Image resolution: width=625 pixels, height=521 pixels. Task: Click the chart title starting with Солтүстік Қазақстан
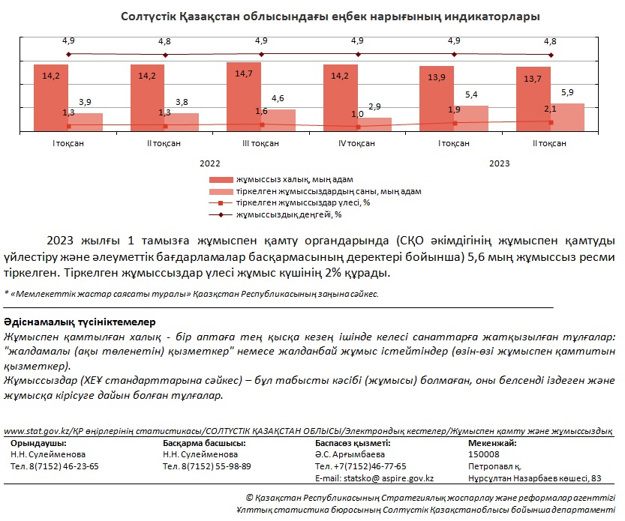tap(330, 16)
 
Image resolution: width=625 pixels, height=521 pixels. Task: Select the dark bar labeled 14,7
tap(244, 97)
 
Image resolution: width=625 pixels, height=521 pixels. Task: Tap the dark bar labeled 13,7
tap(533, 99)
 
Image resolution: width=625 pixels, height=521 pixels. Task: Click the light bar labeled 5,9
tap(567, 118)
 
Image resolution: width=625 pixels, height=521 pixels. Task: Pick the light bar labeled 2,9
tap(374, 124)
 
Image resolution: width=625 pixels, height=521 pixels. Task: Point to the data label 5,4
tap(471, 94)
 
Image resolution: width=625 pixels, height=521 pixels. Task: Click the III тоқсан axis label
tap(260, 143)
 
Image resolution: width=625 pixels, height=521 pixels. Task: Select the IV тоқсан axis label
tap(356, 143)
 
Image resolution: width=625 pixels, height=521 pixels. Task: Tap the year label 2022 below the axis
tap(209, 163)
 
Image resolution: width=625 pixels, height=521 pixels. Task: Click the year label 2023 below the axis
tap(500, 163)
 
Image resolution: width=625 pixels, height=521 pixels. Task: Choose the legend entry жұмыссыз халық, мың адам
tap(281, 180)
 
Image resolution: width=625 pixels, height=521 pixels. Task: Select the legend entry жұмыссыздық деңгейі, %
tap(275, 214)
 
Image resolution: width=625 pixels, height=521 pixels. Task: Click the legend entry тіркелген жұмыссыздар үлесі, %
tap(290, 202)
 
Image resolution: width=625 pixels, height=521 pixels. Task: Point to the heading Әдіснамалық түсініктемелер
tap(80, 322)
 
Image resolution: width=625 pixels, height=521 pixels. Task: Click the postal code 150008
tap(483, 454)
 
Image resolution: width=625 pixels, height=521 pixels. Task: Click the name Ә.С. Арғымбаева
tap(350, 454)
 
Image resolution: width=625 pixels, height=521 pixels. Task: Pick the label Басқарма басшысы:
tap(204, 443)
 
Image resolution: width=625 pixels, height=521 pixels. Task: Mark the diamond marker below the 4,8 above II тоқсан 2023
tap(551, 55)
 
